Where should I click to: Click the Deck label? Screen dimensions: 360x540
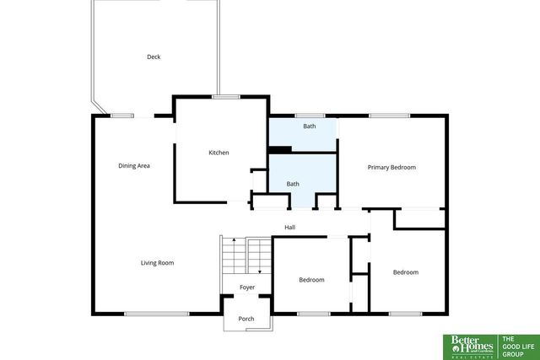point(154,57)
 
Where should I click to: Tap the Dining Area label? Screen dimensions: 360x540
point(134,166)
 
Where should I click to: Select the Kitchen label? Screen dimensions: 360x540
point(219,153)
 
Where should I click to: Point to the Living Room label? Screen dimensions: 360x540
point(157,263)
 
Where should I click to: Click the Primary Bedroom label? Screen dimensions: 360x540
point(391,167)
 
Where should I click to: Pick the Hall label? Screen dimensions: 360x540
point(289,228)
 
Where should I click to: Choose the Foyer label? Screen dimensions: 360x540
point(246,287)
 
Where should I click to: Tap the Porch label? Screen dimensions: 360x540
point(246,319)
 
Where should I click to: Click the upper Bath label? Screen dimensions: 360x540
point(310,126)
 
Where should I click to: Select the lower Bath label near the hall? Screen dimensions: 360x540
point(293,184)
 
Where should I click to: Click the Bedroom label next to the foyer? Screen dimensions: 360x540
point(311,280)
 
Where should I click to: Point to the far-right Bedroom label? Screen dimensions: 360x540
point(406,272)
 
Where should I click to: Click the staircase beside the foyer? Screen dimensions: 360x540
point(246,255)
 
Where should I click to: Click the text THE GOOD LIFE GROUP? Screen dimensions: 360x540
point(516,346)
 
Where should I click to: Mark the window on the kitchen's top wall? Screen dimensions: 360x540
point(224,97)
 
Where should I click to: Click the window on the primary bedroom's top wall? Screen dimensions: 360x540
point(389,116)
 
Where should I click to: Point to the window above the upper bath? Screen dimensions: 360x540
point(310,116)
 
